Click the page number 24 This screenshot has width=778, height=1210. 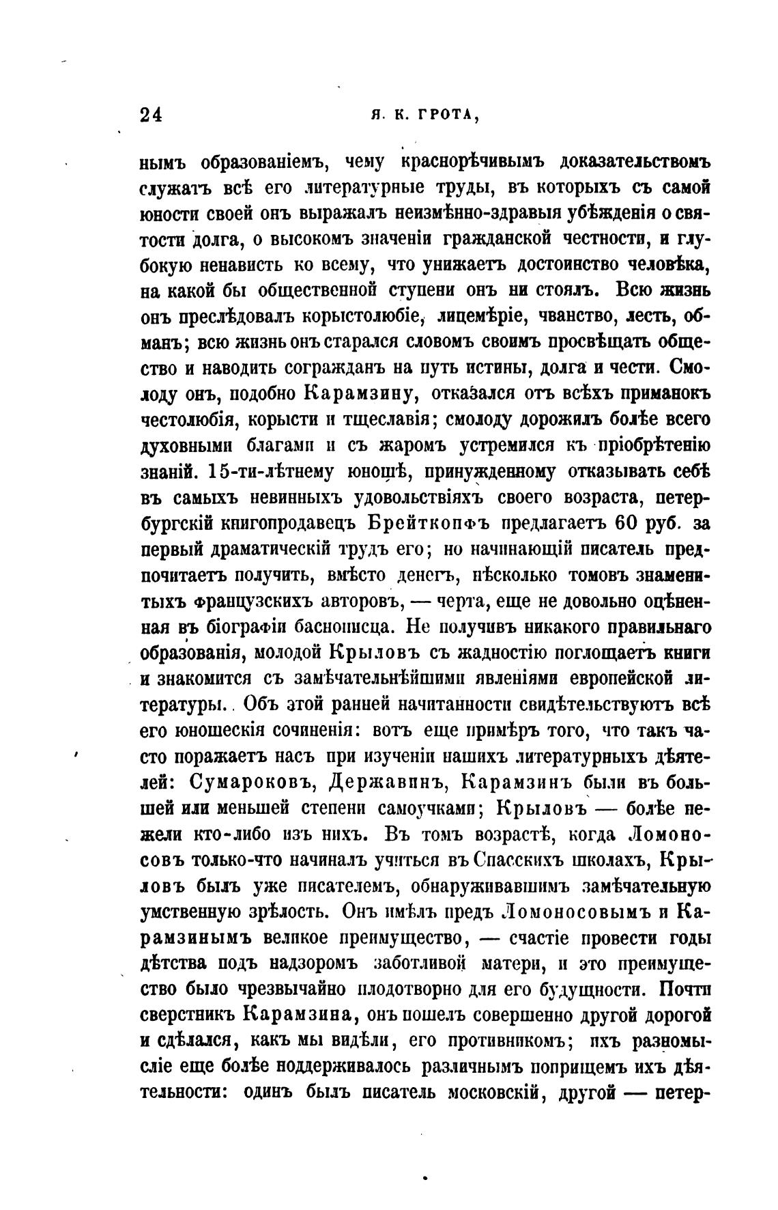pos(151,114)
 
